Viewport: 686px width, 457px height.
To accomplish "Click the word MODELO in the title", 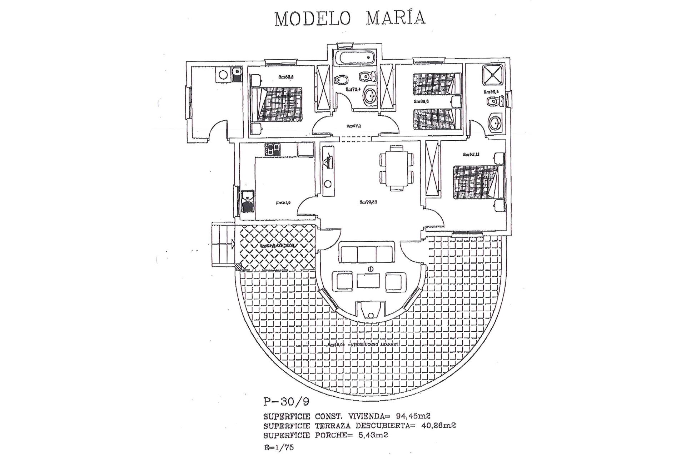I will pos(312,19).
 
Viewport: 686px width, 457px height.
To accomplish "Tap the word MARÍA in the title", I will pos(396,18).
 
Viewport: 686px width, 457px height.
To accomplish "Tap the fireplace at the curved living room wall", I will pos(371,309).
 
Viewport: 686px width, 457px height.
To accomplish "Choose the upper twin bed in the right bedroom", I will pos(437,84).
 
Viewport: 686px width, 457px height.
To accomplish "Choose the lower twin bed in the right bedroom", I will pos(437,120).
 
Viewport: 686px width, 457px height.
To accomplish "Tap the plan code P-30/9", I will pos(286,402).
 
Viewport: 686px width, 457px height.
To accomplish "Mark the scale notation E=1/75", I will pos(279,447).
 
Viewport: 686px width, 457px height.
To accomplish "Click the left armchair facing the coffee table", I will pos(342,281).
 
